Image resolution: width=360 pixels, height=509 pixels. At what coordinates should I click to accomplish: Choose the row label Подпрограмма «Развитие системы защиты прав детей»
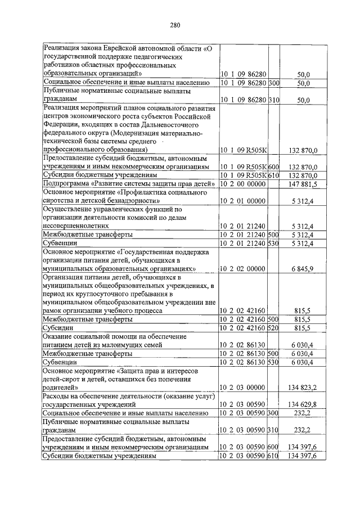point(129,184)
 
